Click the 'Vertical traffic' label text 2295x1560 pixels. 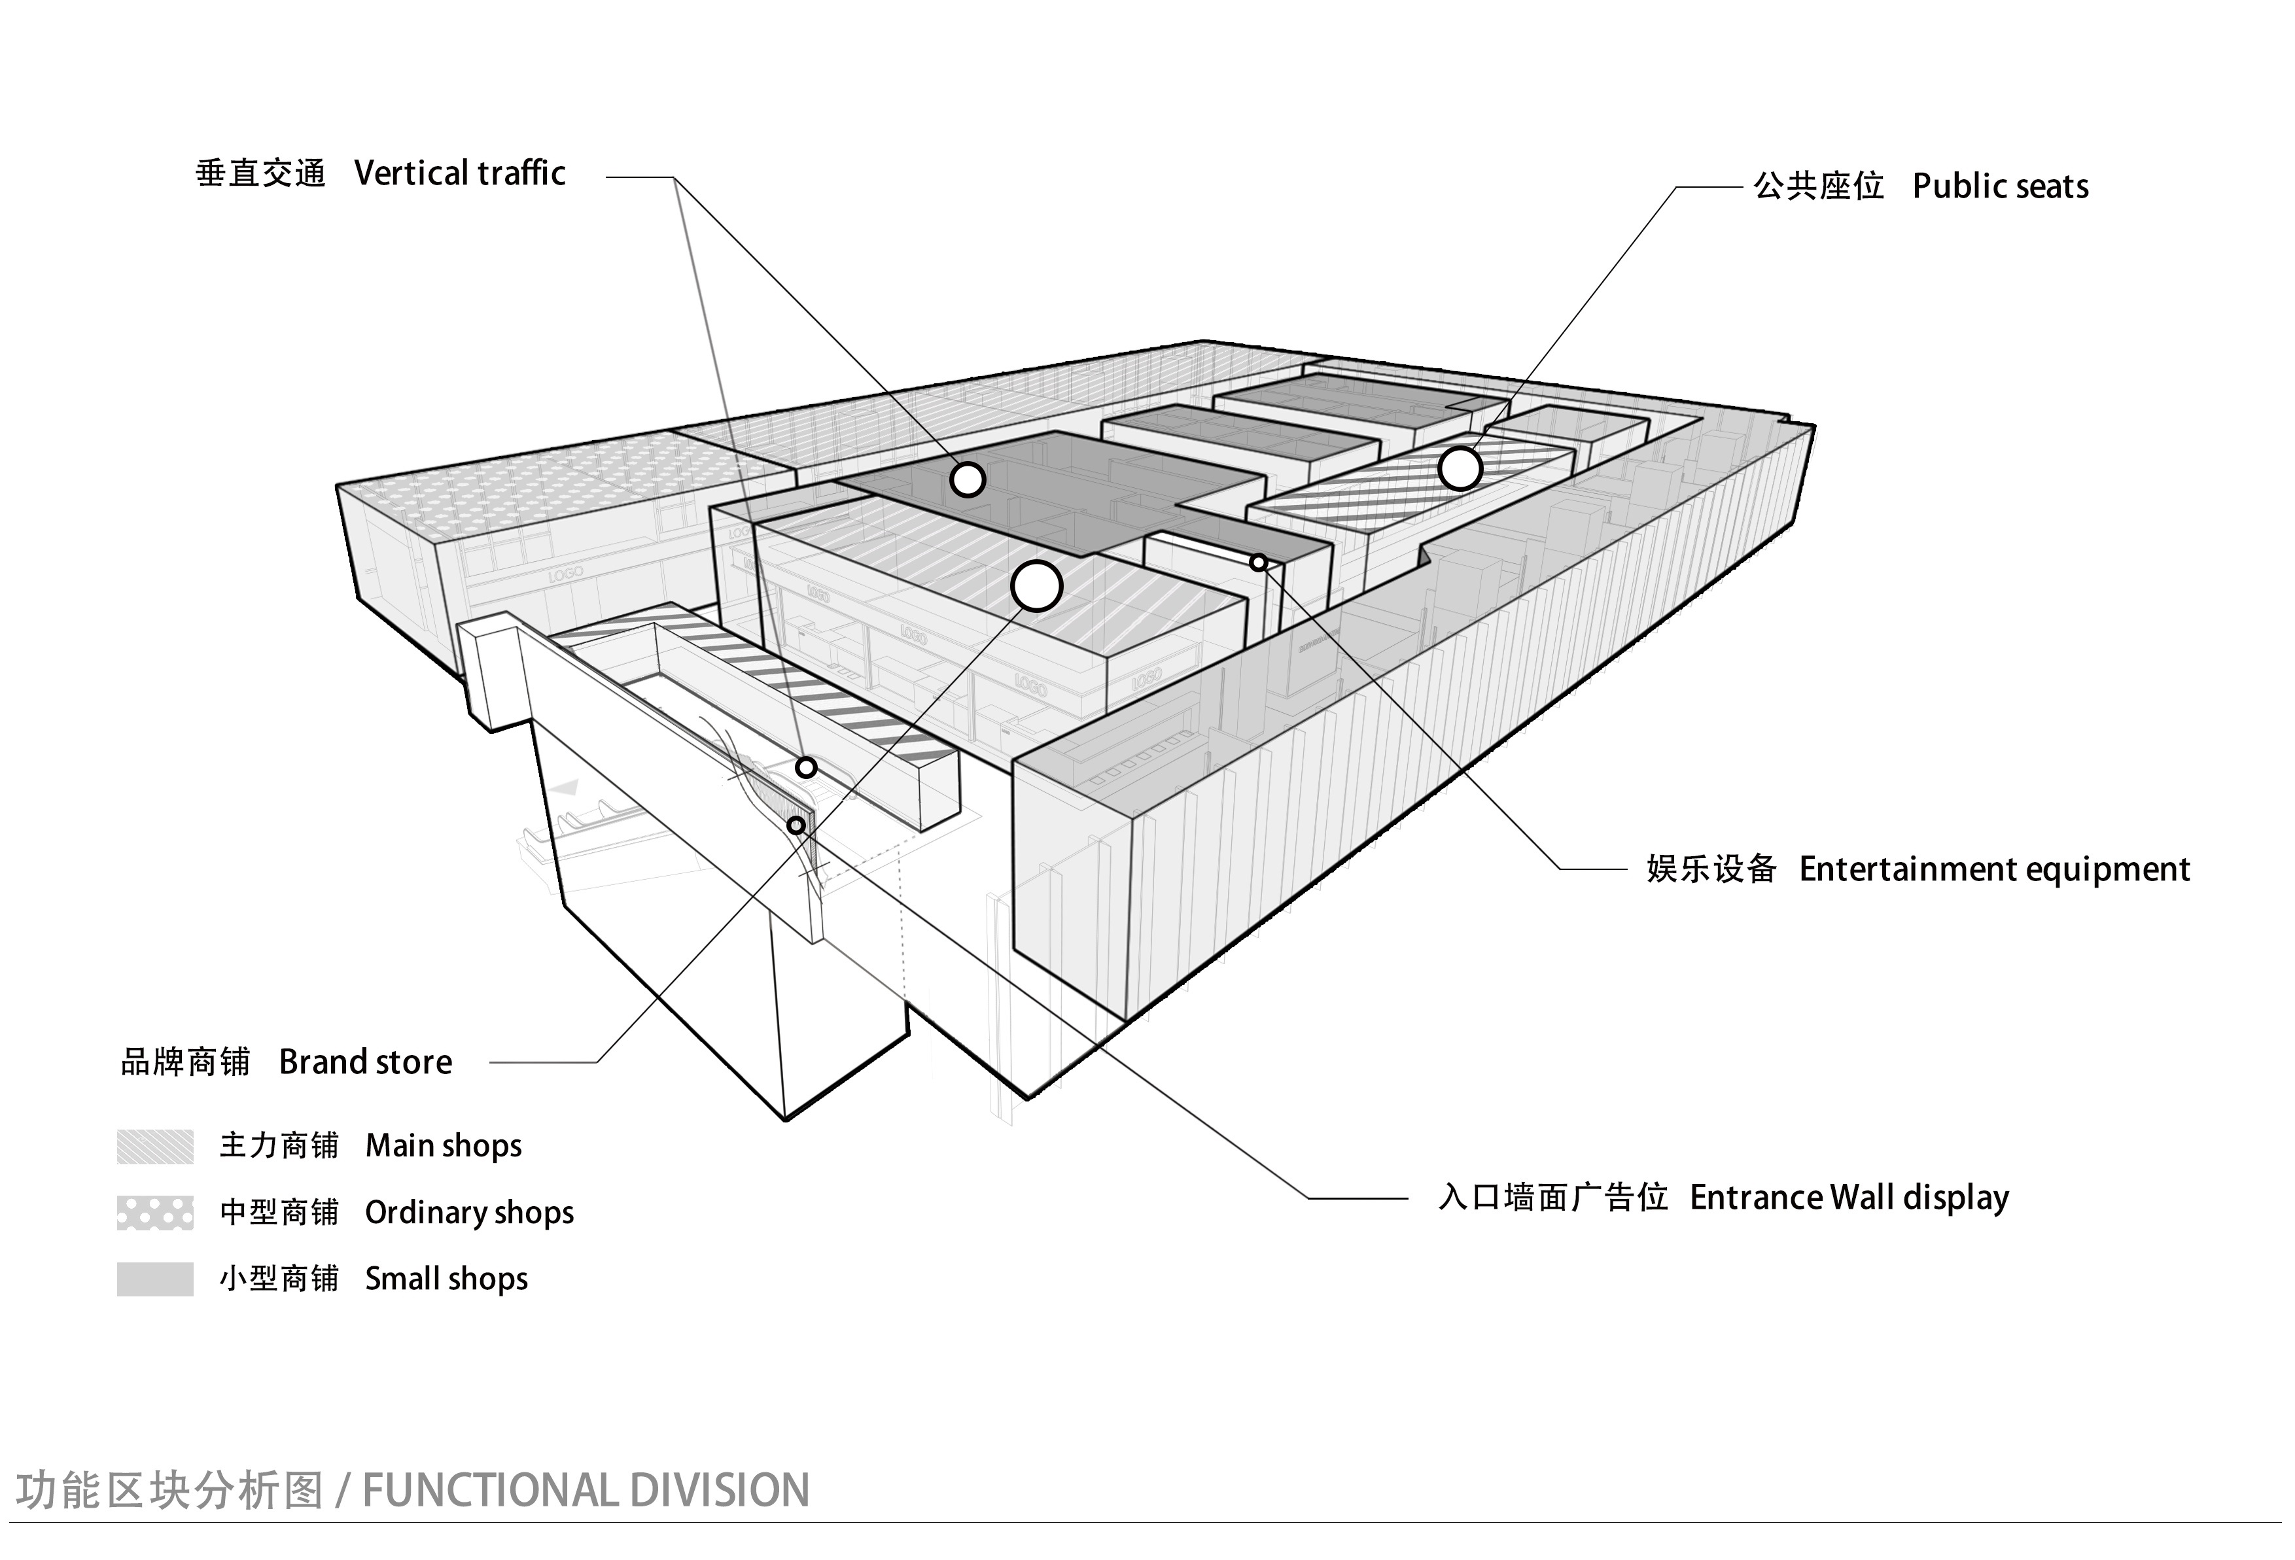pyautogui.click(x=459, y=174)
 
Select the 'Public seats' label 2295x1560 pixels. pyautogui.click(x=2000, y=186)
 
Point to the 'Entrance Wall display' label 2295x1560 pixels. pyautogui.click(x=1849, y=1198)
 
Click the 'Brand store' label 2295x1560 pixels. pyautogui.click(x=366, y=1062)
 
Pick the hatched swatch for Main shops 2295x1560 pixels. pyautogui.click(x=155, y=1147)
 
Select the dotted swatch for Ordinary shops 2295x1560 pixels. pyautogui.click(x=155, y=1213)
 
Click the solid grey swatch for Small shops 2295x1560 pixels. pyautogui.click(x=155, y=1279)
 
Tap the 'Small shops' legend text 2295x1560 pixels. pyautogui.click(x=446, y=1279)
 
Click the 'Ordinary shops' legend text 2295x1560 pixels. pyautogui.click(x=469, y=1213)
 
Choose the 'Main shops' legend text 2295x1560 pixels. pyautogui.click(x=444, y=1147)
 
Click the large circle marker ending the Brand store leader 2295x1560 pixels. pyautogui.click(x=1036, y=587)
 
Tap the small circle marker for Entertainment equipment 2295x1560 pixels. pyautogui.click(x=1258, y=563)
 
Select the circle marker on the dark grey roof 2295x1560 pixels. pyautogui.click(x=968, y=480)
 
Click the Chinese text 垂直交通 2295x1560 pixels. pyautogui.click(x=260, y=174)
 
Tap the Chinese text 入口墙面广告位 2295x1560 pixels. pyautogui.click(x=1552, y=1198)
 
